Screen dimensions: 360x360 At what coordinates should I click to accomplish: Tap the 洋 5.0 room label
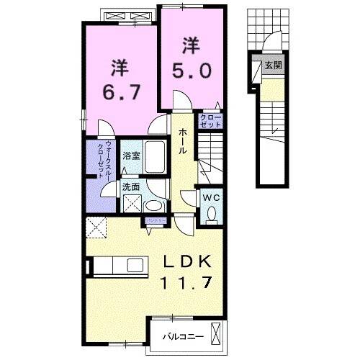(191, 59)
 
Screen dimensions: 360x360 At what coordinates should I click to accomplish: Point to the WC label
(212, 197)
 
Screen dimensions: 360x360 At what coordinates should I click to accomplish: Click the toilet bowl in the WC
(212, 213)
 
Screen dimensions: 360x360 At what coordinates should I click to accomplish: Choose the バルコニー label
(182, 336)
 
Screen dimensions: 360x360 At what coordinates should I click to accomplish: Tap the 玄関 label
(272, 65)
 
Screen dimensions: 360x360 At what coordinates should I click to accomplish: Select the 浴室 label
(130, 155)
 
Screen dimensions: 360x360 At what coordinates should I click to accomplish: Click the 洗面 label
(130, 186)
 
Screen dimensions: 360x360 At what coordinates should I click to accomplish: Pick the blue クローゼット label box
(210, 120)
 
